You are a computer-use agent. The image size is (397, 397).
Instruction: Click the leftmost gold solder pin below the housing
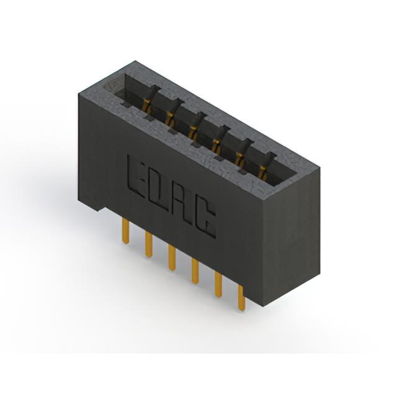coord(125,231)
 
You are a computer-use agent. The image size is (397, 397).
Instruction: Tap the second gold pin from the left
coord(149,244)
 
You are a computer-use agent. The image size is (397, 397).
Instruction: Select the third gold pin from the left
coord(172,258)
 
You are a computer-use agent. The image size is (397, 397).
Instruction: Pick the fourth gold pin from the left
coord(195,271)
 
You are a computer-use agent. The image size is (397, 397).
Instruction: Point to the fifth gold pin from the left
coord(218,284)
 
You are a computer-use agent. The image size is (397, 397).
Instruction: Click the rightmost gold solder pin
coord(242,298)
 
